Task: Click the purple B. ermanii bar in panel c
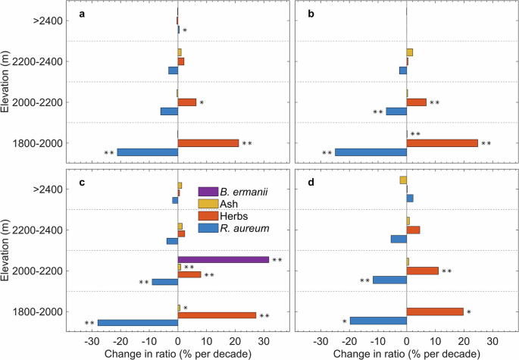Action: click(x=224, y=260)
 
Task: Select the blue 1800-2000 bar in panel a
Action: click(x=148, y=152)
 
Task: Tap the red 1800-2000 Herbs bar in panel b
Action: click(x=442, y=143)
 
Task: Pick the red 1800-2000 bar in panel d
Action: click(x=435, y=311)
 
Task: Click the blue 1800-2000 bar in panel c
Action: click(x=138, y=323)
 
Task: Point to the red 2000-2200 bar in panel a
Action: click(x=187, y=102)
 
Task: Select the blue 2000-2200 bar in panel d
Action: click(x=390, y=280)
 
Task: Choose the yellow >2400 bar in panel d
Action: click(x=403, y=180)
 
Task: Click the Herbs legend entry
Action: click(x=223, y=216)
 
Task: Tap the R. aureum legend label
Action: click(x=245, y=228)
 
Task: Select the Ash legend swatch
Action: click(x=208, y=204)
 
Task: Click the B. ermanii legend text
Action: click(x=244, y=192)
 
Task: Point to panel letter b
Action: click(x=311, y=14)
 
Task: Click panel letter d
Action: click(x=311, y=183)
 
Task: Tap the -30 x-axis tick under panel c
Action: click(x=92, y=342)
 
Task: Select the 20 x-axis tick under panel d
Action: click(x=464, y=342)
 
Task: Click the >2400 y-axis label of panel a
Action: click(x=48, y=21)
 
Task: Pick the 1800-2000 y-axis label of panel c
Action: click(x=37, y=312)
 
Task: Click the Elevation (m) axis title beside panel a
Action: click(x=5, y=81)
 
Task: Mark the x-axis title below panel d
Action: click(x=406, y=354)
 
